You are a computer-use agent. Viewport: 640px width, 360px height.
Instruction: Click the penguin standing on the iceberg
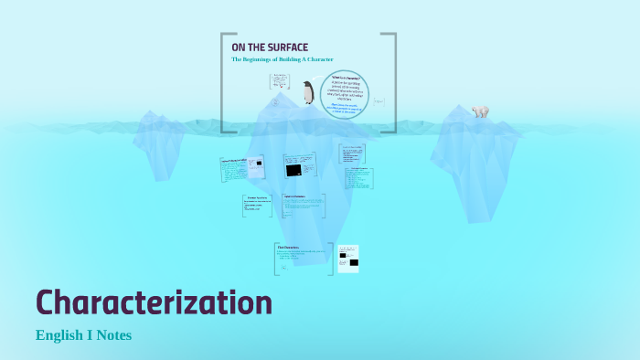coord(308,92)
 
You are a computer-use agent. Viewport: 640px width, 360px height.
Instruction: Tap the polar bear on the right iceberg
coord(480,111)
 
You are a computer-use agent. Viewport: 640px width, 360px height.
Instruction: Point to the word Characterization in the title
coord(154,302)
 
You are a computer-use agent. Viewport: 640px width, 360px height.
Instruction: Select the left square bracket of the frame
coord(223,82)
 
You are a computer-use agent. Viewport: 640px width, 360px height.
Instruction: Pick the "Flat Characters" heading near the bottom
coord(289,247)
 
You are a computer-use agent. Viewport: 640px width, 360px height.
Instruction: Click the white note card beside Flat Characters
coord(348,259)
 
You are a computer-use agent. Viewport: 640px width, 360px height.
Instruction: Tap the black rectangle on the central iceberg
coord(293,170)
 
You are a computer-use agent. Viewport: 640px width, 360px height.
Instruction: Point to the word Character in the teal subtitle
coord(319,60)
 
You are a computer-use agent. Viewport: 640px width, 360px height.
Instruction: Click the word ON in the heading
coord(237,48)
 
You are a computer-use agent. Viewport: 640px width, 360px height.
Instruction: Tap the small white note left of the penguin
coord(279,82)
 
